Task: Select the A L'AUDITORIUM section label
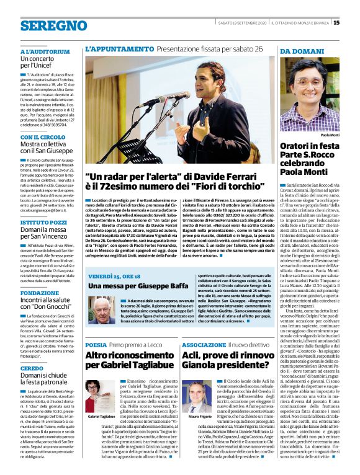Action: pyautogui.click(x=41, y=51)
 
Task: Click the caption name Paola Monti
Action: pyautogui.click(x=330, y=135)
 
